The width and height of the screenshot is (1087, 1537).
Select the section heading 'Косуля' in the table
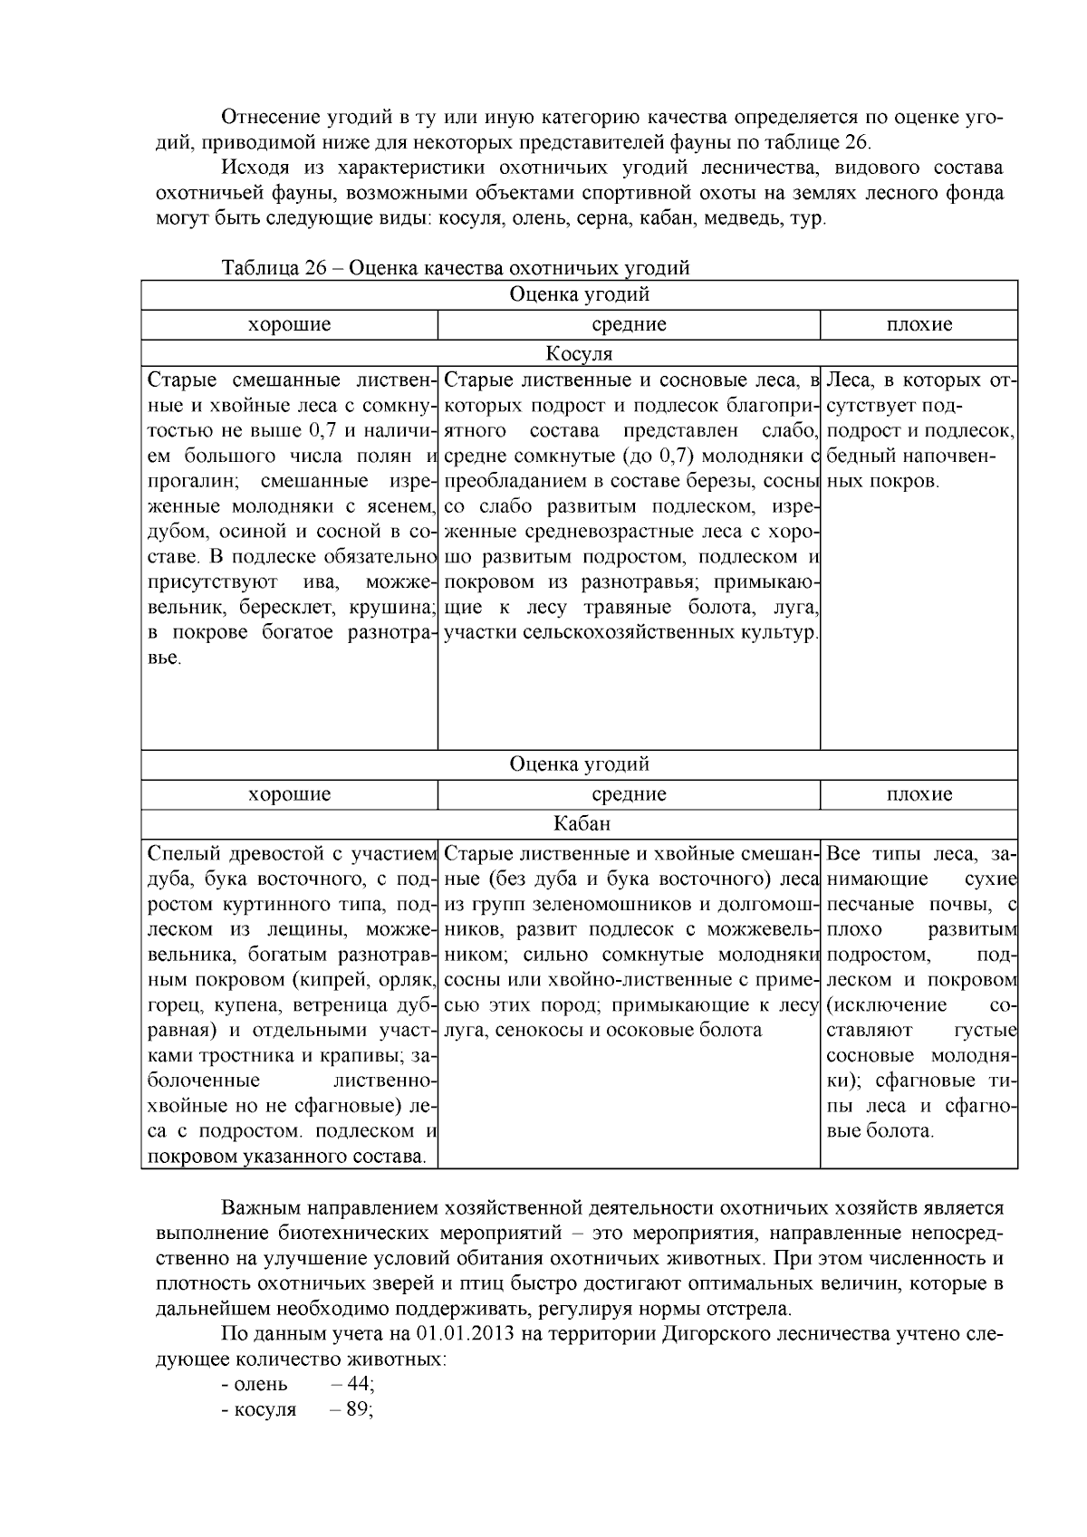coord(579,353)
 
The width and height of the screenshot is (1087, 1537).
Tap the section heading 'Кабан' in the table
coord(580,824)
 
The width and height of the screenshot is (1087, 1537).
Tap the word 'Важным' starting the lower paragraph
coord(255,1208)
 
